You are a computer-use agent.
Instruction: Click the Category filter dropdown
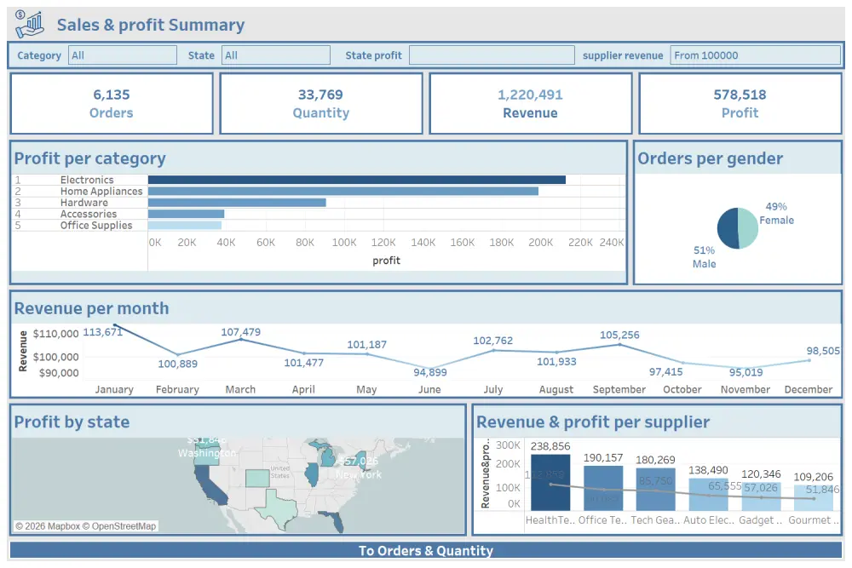122,55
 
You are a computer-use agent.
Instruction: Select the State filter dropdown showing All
275,55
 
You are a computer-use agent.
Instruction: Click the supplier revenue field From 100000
755,55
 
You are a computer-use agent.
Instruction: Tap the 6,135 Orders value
112,95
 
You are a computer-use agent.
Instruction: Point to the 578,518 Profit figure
740,95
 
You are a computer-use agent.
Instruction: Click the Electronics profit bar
356,180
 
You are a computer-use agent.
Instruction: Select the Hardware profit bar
237,203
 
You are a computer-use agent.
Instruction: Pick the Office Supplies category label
96,226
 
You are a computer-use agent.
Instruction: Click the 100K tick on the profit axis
344,243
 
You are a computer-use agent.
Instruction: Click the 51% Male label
704,257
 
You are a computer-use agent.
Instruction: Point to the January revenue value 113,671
103,332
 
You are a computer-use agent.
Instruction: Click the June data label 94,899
430,372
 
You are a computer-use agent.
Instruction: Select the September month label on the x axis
619,389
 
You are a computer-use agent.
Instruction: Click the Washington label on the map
206,453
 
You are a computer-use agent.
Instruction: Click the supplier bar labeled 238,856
550,482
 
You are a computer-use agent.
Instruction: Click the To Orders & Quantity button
425,551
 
